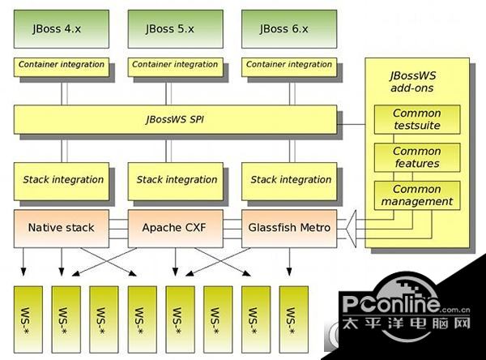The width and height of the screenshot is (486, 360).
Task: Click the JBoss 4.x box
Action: click(x=62, y=29)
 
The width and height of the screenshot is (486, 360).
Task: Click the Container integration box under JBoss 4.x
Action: click(x=62, y=65)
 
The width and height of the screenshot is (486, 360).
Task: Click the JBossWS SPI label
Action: click(x=175, y=120)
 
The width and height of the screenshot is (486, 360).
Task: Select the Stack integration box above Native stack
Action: click(x=62, y=179)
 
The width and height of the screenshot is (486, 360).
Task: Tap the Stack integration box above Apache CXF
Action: click(x=177, y=179)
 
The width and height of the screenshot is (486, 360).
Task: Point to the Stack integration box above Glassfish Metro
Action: click(x=290, y=179)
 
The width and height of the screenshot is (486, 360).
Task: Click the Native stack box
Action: click(x=62, y=228)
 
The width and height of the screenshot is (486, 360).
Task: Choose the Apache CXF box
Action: click(x=177, y=228)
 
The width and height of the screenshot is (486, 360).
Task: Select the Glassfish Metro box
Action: click(x=290, y=228)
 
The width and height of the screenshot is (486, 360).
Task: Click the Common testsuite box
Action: click(x=416, y=119)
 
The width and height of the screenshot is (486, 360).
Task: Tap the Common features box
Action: click(x=416, y=157)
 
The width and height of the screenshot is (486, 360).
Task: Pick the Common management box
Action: click(x=416, y=195)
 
